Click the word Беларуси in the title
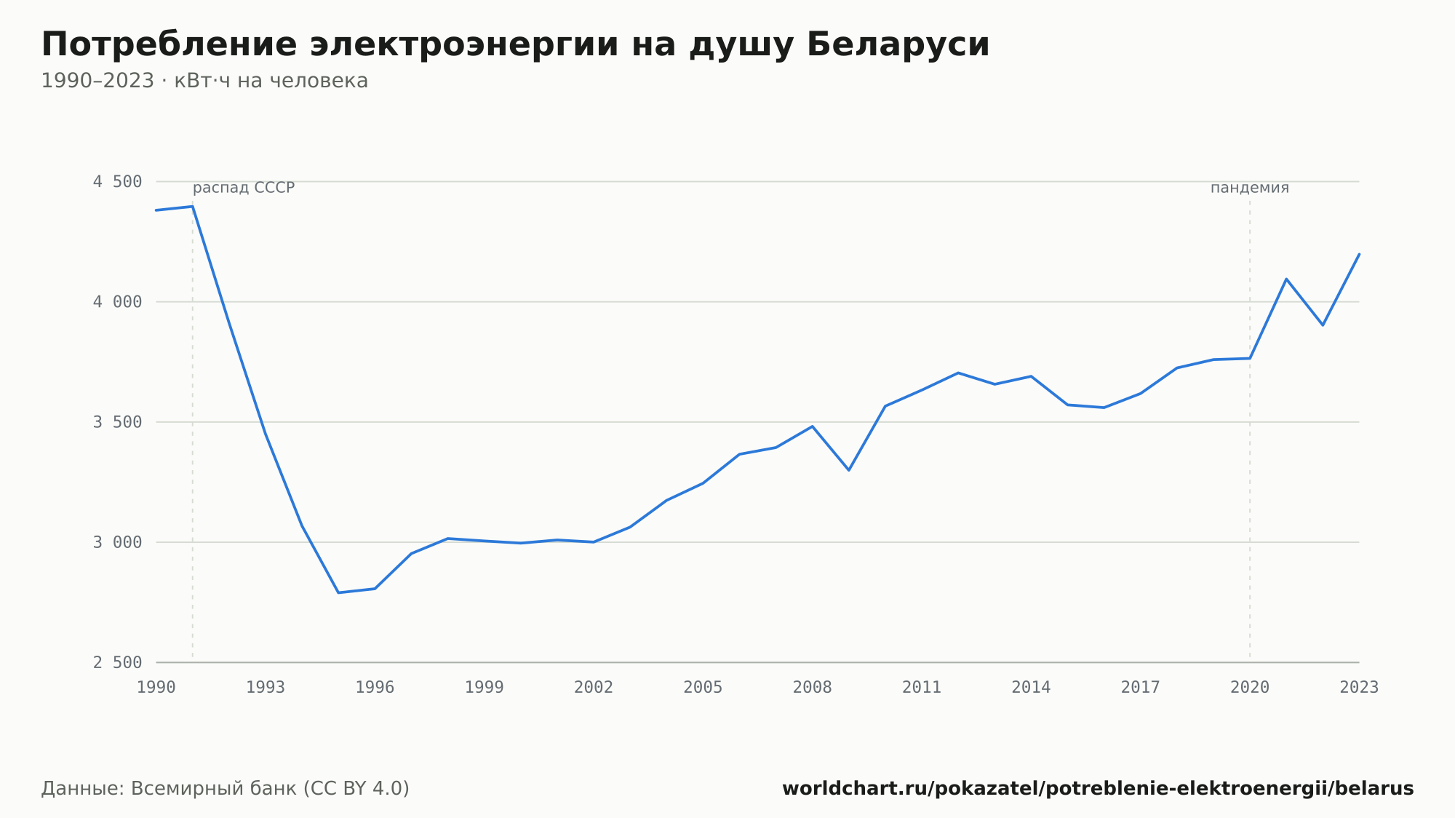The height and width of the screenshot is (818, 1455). tap(898, 44)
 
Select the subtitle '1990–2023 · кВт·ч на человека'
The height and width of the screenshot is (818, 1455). tap(204, 81)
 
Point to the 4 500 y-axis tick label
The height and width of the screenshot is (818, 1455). tap(117, 182)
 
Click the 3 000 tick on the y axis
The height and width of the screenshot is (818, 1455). tap(117, 542)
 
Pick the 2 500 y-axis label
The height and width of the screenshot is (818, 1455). tap(117, 662)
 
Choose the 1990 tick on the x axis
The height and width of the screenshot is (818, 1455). tap(156, 687)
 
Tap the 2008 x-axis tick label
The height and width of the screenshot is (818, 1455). tap(813, 687)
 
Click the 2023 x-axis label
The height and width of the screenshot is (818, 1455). tap(1359, 687)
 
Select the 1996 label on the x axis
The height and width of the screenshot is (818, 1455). tap(375, 687)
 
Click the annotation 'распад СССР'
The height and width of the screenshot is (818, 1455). tap(244, 188)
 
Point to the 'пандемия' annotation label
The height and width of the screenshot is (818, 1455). tap(1249, 188)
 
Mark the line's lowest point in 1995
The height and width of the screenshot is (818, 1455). tap(338, 592)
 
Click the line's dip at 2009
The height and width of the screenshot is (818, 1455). tap(849, 470)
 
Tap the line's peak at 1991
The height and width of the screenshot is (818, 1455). tap(193, 206)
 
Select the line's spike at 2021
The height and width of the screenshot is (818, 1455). tap(1286, 279)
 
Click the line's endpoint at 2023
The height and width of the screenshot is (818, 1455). tap(1359, 254)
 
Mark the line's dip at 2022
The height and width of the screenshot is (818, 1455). tap(1323, 325)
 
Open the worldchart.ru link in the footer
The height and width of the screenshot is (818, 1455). tap(1098, 788)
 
